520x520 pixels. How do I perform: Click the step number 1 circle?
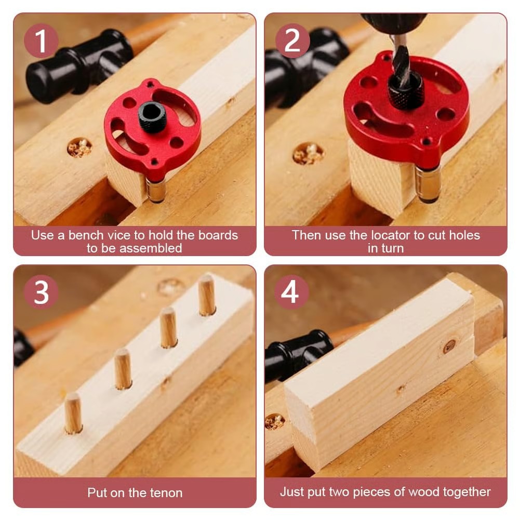click(41, 41)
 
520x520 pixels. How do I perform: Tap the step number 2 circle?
click(292, 41)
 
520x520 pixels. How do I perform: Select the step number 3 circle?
click(41, 292)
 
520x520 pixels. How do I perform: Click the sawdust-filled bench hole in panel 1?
click(79, 148)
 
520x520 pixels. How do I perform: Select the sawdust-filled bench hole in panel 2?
click(308, 154)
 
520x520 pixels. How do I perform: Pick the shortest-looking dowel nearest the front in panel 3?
click(73, 413)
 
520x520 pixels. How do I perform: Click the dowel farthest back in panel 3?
click(207, 295)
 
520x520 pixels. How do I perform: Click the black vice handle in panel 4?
click(299, 353)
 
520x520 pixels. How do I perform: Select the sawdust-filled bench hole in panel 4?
click(274, 421)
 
